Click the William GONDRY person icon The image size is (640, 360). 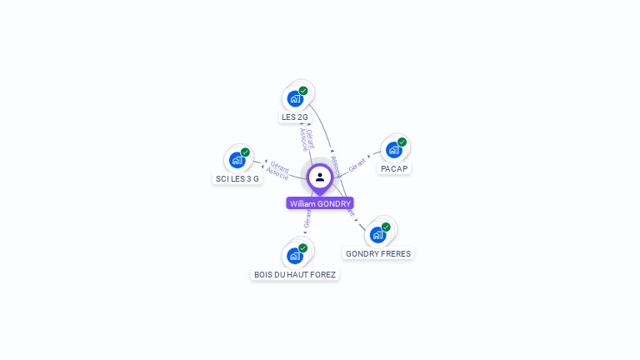[320, 177]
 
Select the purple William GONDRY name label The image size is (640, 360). [320, 203]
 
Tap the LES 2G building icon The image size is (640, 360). [295, 98]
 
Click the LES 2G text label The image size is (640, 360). [295, 117]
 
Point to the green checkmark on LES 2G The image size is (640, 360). [303, 90]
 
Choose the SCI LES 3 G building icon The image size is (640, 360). [237, 160]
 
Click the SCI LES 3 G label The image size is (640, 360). [237, 179]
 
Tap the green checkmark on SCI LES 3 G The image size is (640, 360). [245, 152]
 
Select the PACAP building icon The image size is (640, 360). [393, 150]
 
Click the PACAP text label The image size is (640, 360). [394, 169]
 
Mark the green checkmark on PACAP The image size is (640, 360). [402, 142]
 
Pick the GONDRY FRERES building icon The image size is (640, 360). [377, 235]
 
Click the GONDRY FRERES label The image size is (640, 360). [378, 254]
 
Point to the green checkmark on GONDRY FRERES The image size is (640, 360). [386, 227]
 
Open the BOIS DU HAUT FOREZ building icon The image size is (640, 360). [295, 256]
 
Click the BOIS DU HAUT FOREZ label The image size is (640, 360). [295, 275]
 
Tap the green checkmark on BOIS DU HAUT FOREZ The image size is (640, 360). [303, 247]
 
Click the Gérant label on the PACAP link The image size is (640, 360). [357, 163]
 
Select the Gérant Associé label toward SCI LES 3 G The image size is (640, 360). [278, 170]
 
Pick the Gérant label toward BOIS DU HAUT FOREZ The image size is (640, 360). [307, 219]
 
